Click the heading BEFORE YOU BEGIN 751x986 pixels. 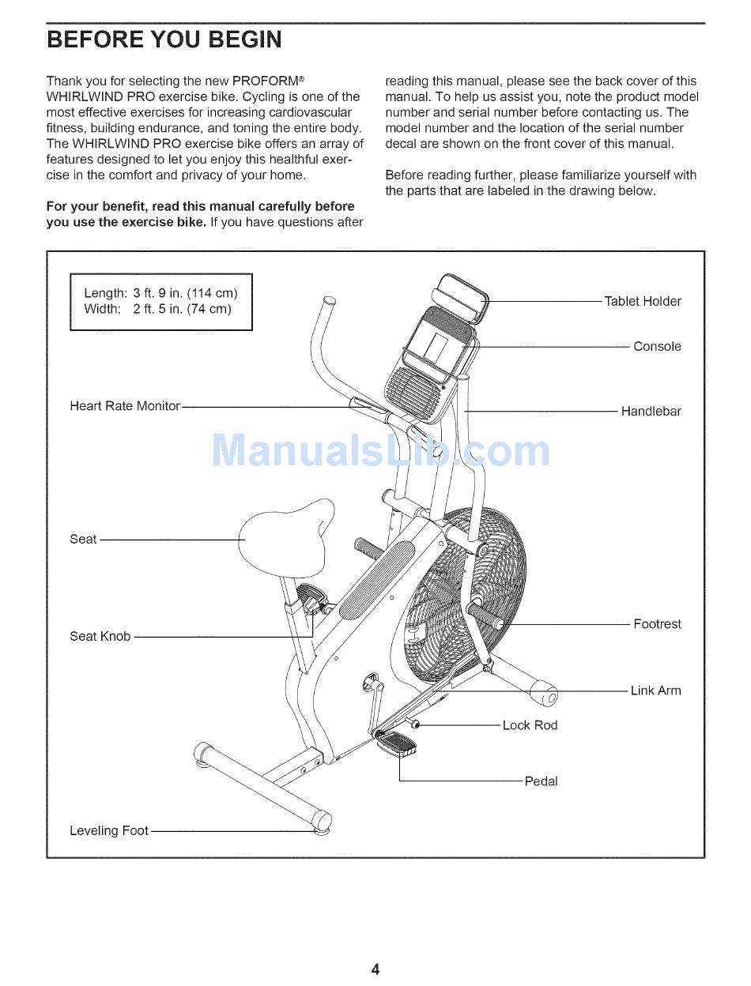[x=164, y=40]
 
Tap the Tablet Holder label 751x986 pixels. [x=642, y=301]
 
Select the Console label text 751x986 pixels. [x=656, y=347]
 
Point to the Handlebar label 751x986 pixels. [x=650, y=412]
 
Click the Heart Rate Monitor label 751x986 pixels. [x=125, y=406]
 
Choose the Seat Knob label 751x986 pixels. [x=100, y=636]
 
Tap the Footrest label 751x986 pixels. [x=656, y=624]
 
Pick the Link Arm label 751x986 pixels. [x=655, y=691]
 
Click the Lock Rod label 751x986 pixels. [x=530, y=725]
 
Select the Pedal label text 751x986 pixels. [x=541, y=781]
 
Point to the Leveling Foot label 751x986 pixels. [x=109, y=830]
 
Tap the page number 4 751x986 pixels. [x=375, y=969]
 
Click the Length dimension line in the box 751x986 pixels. [x=160, y=293]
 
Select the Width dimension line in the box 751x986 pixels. [x=157, y=309]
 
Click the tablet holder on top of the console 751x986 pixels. [x=463, y=297]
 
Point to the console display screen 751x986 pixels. [x=435, y=346]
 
